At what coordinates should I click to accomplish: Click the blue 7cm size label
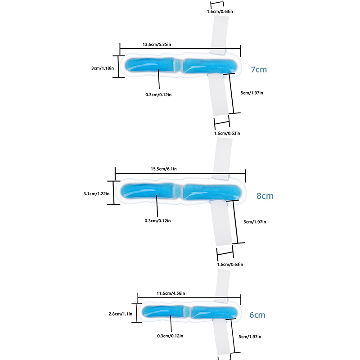click(259, 70)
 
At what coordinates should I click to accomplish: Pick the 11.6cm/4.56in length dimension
click(171, 293)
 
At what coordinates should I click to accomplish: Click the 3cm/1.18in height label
click(103, 68)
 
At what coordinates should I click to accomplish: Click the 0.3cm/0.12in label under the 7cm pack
click(157, 94)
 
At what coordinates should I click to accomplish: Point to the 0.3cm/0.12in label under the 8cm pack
click(157, 220)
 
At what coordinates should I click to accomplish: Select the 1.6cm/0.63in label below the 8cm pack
click(229, 264)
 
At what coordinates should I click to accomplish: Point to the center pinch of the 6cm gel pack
click(189, 311)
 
